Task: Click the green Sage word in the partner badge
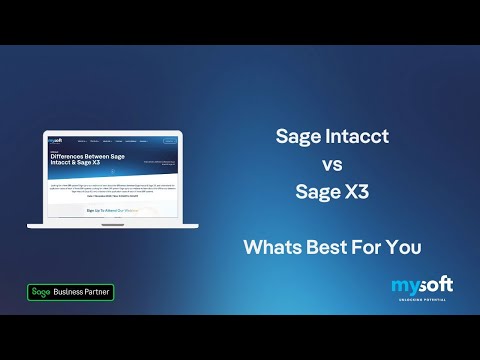click(41, 292)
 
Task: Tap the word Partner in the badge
click(100, 292)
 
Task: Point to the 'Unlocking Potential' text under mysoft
click(420, 299)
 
